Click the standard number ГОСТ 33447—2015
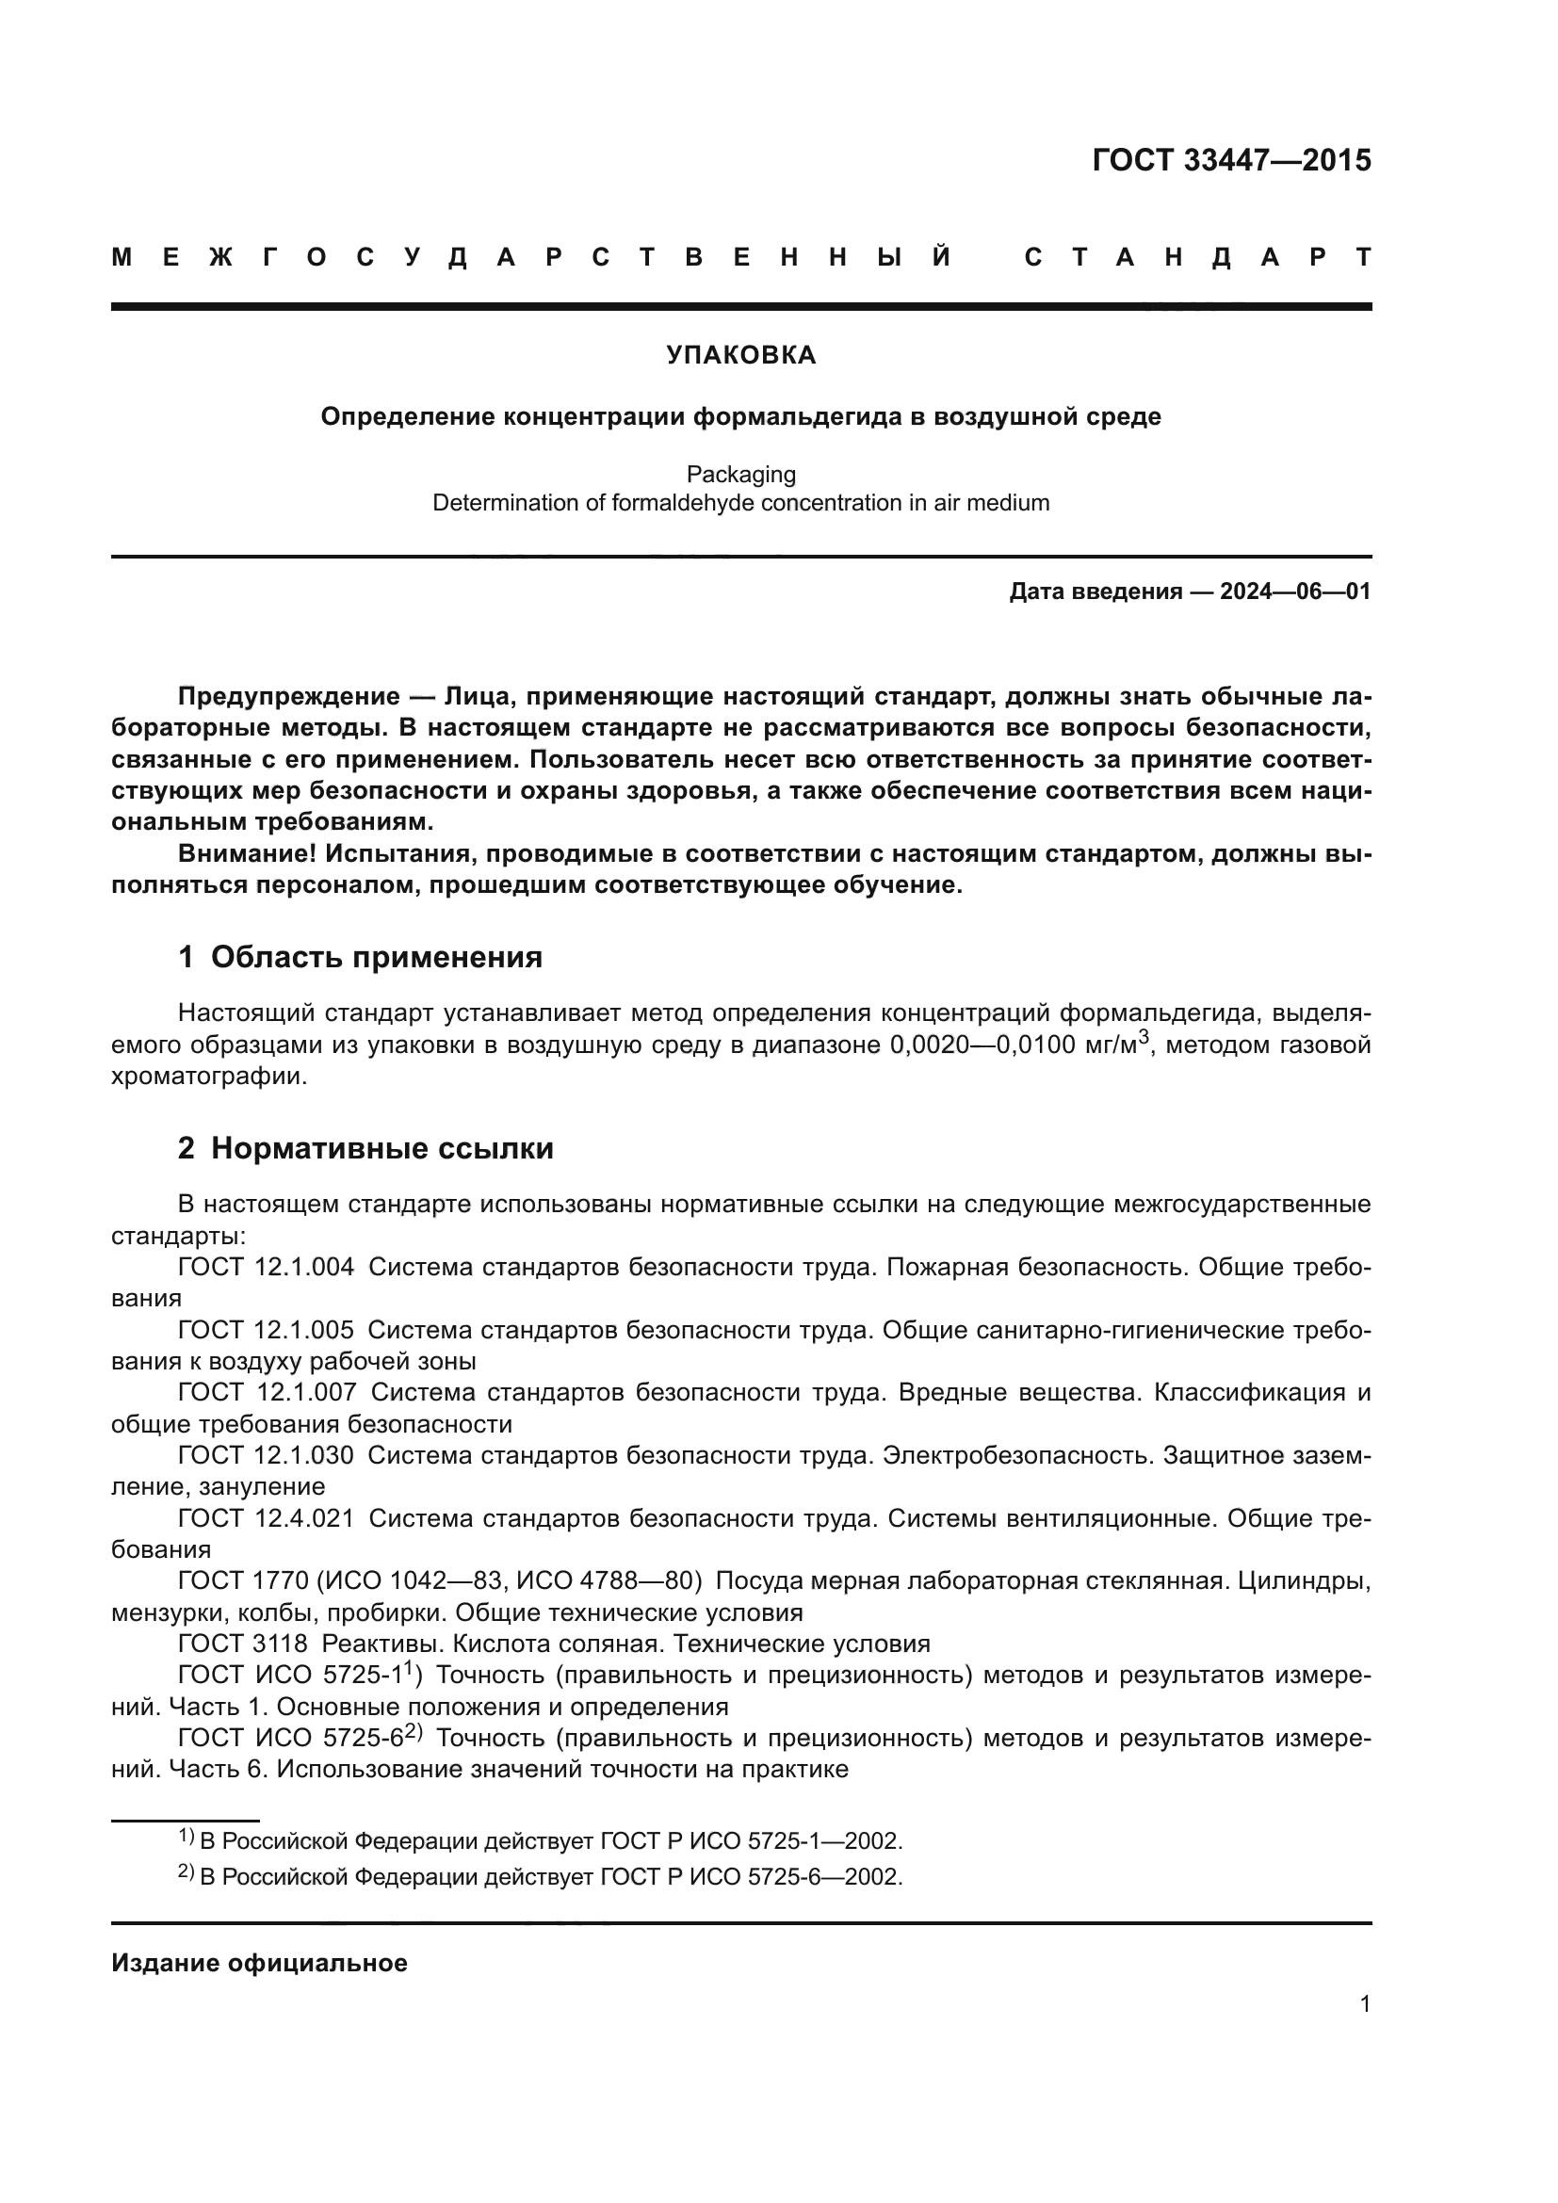point(1231,160)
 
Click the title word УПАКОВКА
point(740,355)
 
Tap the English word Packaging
point(740,474)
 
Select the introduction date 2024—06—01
point(1295,591)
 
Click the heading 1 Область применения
point(360,957)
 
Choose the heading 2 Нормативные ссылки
point(365,1147)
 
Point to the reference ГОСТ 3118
point(243,1644)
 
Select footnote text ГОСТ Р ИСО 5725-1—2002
point(750,1841)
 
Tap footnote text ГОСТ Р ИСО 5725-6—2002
point(750,1877)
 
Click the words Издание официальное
point(259,1963)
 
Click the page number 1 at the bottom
point(1364,2003)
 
